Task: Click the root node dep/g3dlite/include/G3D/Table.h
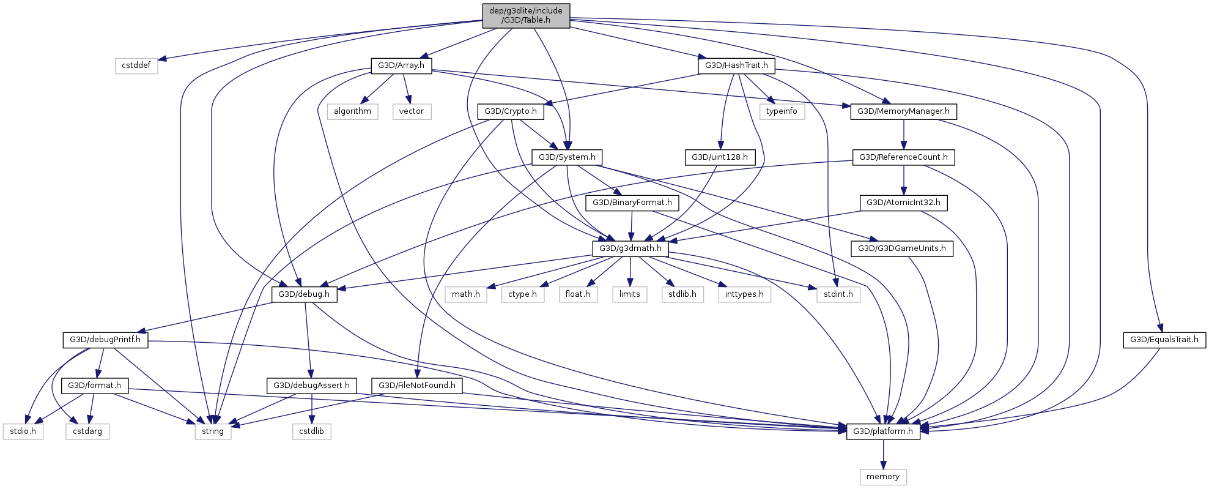[x=526, y=16]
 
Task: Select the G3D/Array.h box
[x=401, y=65]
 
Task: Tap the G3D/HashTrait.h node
[x=736, y=65]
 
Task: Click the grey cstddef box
[x=136, y=65]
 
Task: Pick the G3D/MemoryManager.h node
[x=903, y=111]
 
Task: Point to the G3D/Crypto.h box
[x=511, y=111]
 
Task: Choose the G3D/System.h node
[x=567, y=157]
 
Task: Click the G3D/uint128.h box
[x=720, y=157]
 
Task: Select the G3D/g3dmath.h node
[x=630, y=248]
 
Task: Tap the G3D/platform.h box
[x=883, y=431]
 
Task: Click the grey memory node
[x=883, y=477]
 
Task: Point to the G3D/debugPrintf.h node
[x=105, y=340]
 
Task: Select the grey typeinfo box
[x=782, y=111]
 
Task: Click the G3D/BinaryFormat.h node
[x=632, y=203]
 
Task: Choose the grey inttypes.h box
[x=744, y=294]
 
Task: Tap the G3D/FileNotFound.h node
[x=417, y=386]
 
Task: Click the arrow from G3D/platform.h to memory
[x=883, y=454]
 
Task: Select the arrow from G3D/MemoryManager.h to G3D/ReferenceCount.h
[x=904, y=134]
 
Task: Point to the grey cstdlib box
[x=312, y=431]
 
